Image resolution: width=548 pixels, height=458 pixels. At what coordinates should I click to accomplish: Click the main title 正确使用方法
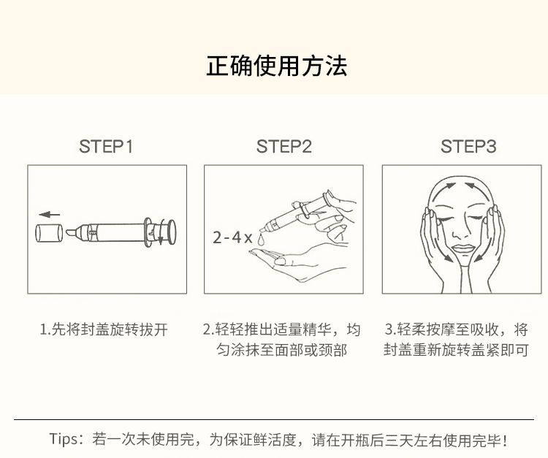pos(276,66)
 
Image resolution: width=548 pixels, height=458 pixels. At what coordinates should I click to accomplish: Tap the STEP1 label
pos(106,146)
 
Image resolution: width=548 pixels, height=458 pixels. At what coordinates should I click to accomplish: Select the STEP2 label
pos(283,146)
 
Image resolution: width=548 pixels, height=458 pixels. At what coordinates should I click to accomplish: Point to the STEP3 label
pos(468,146)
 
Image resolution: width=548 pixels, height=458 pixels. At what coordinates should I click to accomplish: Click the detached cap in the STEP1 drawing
pos(49,233)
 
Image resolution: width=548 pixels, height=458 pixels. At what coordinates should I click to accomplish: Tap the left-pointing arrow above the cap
pos(49,215)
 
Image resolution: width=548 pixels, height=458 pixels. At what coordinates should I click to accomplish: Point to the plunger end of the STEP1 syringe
pos(172,232)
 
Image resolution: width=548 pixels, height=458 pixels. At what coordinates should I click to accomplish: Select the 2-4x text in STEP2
pos(232,237)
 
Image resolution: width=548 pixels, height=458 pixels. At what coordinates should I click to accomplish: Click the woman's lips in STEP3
pos(463,249)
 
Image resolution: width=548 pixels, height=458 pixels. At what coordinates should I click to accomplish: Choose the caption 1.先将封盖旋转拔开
pos(104,329)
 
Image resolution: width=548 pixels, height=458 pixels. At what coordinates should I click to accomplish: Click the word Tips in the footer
pos(66,439)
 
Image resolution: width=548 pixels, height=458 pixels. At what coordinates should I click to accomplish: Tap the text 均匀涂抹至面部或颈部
pos(282,350)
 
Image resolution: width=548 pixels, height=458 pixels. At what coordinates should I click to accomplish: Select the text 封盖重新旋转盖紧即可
pos(456,350)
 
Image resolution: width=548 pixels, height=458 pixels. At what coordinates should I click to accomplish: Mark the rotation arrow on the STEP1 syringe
pos(161,232)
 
